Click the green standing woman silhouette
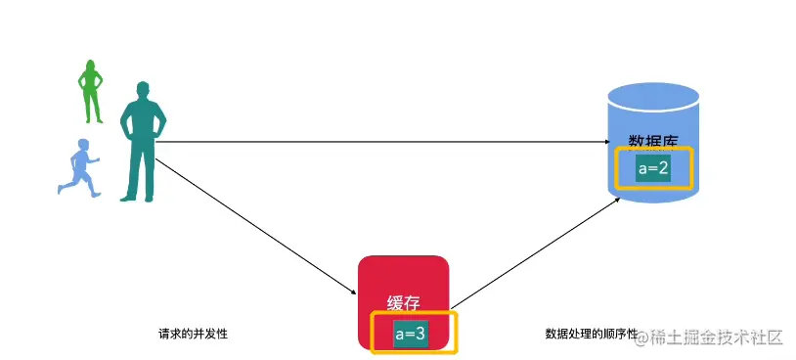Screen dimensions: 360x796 point(91,93)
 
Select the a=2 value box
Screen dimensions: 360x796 point(652,168)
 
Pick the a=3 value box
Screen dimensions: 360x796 point(410,334)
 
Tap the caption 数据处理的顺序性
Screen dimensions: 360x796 point(590,334)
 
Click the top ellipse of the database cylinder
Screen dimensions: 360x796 point(653,97)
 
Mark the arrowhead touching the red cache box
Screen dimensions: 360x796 point(354,292)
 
